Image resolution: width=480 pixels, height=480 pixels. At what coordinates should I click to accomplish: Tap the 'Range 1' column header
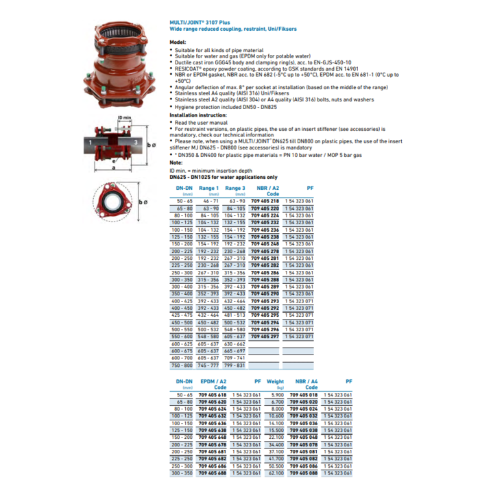pos(208,188)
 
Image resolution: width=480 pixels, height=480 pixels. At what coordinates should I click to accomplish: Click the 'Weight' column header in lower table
pos(275,381)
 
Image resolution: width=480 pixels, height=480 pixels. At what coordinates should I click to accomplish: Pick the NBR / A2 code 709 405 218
pos(265,201)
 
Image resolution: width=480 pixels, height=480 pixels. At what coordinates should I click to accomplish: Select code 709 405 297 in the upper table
pos(265,337)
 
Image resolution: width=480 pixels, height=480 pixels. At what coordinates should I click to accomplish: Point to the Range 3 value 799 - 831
pos(235,365)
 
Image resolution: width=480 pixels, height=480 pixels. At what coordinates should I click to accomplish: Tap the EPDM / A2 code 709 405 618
pos(212,395)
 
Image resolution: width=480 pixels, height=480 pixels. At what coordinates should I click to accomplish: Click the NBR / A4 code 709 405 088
pos(304,472)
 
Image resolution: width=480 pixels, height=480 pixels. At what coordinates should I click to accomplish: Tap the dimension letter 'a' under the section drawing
pos(111,167)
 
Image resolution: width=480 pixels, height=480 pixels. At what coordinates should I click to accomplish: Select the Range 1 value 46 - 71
pos(208,201)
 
